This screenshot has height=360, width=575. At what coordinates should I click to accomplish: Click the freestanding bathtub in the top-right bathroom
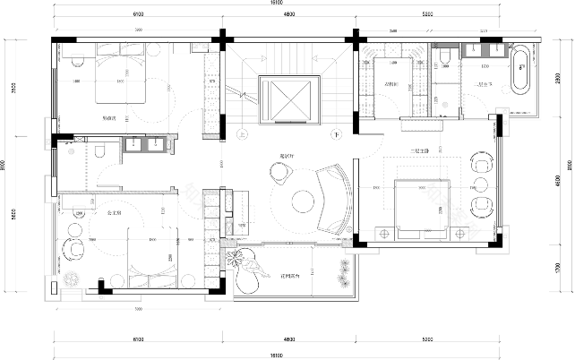(519, 73)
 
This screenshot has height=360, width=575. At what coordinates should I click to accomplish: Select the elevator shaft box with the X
(288, 98)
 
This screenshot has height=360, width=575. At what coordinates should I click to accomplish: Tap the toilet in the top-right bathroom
(444, 61)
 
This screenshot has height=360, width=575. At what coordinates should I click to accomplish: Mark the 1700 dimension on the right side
(558, 272)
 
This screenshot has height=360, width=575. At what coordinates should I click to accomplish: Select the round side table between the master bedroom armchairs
(480, 186)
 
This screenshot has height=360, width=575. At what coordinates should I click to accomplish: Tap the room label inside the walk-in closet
(390, 87)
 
